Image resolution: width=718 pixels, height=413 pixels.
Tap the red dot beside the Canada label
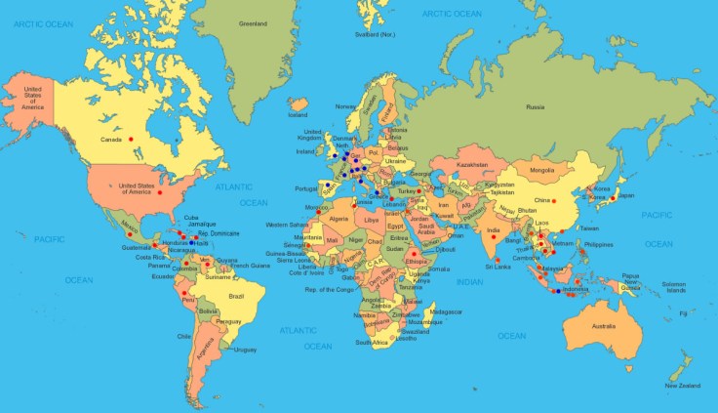coord(131,138)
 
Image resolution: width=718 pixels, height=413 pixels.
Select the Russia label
coord(535,106)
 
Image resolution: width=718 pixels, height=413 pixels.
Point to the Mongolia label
coord(541,171)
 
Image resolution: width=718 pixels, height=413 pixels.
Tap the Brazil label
coord(235,295)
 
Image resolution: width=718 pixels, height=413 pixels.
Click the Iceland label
coord(298,114)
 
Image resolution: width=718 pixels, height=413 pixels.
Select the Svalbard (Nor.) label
coord(376,35)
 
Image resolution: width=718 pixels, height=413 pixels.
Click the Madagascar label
coord(447,311)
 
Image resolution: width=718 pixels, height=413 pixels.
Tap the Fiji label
coord(683,313)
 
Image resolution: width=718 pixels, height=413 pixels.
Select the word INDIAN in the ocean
coord(469,281)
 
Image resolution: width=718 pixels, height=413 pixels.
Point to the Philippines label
coord(598,244)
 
